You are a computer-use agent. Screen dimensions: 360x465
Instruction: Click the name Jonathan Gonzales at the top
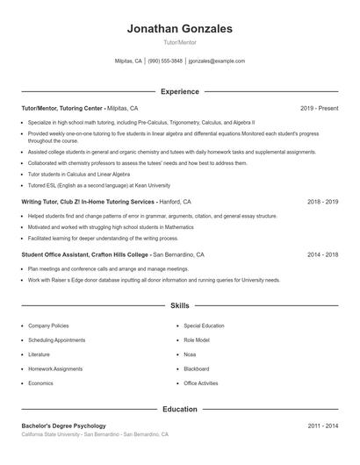[179, 29]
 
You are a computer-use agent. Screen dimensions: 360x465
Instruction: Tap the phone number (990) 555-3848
[165, 61]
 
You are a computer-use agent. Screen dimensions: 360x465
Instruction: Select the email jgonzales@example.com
[216, 61]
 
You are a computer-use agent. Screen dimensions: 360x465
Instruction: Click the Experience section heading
[179, 91]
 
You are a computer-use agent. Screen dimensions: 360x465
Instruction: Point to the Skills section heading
[179, 306]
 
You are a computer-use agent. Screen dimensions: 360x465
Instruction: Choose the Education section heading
[179, 409]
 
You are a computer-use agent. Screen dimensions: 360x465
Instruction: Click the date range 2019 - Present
[319, 108]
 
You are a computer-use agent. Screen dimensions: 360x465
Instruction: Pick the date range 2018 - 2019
[322, 201]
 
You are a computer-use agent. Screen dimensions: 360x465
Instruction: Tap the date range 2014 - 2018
[322, 254]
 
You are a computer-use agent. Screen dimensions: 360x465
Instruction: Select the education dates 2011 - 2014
[322, 426]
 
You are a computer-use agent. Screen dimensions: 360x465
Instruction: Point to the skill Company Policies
[48, 325]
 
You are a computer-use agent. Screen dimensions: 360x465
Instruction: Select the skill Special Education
[204, 325]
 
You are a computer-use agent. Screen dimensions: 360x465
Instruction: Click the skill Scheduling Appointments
[56, 340]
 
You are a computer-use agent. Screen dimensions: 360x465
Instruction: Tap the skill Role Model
[197, 340]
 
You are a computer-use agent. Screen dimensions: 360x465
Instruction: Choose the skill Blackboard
[197, 369]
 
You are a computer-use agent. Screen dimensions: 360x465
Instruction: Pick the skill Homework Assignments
[55, 369]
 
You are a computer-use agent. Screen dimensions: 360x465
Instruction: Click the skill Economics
[40, 383]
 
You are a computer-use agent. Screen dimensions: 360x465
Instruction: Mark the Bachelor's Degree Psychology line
[63, 426]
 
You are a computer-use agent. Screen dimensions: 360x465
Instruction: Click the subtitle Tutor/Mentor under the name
[179, 42]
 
